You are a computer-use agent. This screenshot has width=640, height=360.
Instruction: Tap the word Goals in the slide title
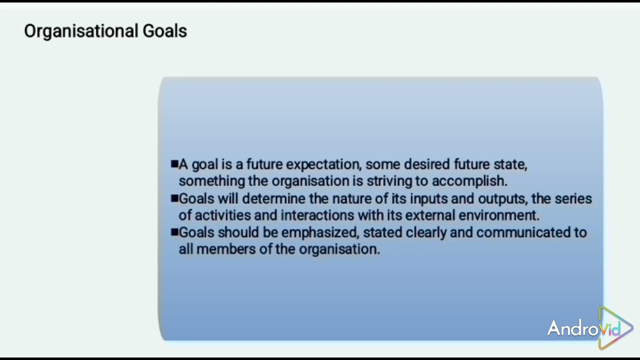point(164,31)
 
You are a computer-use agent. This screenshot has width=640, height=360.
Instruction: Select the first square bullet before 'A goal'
point(174,164)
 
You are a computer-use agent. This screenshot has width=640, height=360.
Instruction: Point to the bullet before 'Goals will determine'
point(174,198)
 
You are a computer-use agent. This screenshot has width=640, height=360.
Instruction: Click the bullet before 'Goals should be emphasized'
point(174,232)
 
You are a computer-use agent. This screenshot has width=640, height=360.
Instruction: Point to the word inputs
point(428,198)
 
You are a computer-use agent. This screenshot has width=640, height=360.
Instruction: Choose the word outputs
point(502,198)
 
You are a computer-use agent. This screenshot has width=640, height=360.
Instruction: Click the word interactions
point(317,215)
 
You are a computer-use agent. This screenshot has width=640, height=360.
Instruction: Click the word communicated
point(523,232)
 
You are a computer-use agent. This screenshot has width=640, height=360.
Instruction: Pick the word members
point(226,249)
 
